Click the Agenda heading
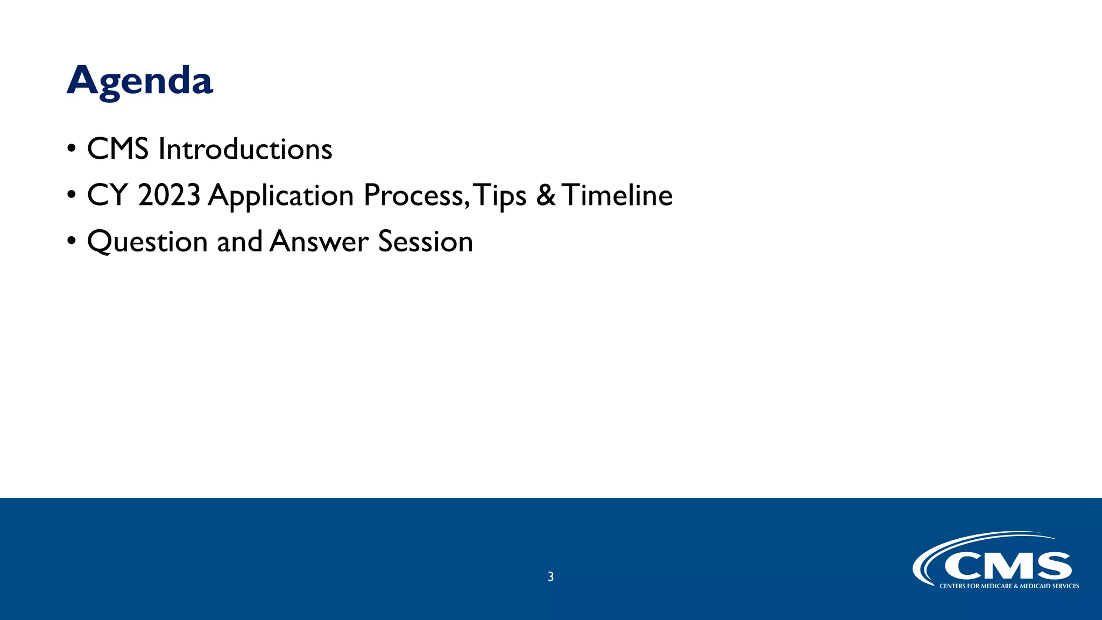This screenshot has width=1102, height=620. click(140, 81)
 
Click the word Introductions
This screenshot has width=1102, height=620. click(245, 149)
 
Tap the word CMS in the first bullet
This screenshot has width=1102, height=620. click(118, 149)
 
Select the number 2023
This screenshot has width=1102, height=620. click(169, 195)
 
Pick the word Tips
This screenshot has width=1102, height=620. click(501, 196)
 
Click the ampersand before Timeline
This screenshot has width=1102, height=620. click(545, 195)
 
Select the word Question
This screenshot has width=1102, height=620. click(147, 242)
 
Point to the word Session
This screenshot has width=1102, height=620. click(426, 241)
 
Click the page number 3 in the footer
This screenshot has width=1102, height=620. click(550, 577)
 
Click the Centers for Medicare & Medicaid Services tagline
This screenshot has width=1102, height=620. click(1009, 586)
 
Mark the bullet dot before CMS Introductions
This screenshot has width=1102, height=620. click(72, 149)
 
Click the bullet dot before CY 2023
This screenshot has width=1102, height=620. click(72, 195)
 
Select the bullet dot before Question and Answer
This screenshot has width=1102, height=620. click(72, 242)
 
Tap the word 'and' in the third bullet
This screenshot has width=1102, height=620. click(239, 241)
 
